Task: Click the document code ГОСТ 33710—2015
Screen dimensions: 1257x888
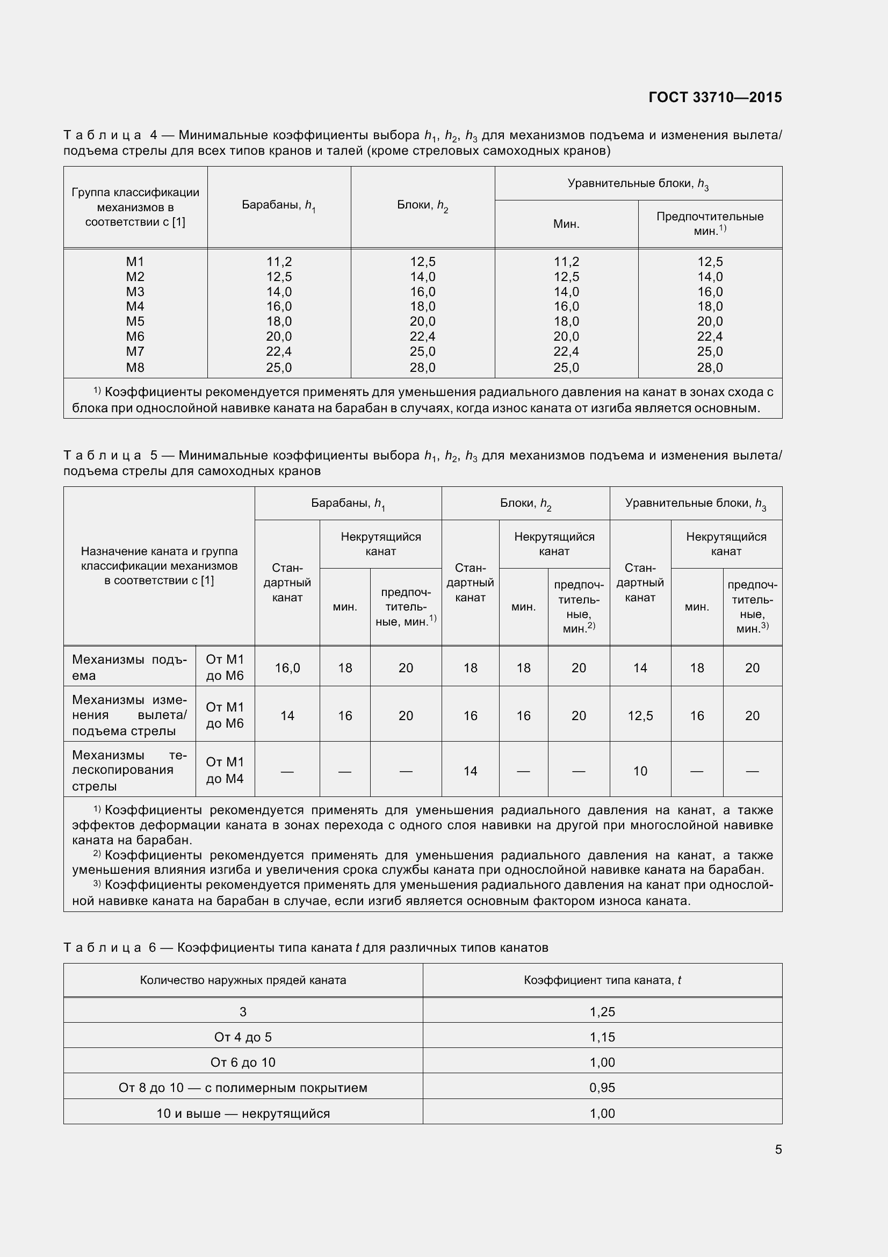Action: point(714,97)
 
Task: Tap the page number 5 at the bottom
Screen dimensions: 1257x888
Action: point(778,1149)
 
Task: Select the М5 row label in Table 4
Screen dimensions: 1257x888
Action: point(135,321)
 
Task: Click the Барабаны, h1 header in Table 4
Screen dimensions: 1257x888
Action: point(278,206)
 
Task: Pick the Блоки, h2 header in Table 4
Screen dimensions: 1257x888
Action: point(422,206)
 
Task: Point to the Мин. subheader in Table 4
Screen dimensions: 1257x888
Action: point(566,224)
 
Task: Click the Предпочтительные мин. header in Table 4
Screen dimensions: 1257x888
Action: point(710,224)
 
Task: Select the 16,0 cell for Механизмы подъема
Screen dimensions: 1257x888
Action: point(287,668)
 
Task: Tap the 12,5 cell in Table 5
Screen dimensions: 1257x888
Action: point(640,715)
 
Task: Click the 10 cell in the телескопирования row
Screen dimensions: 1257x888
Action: point(640,771)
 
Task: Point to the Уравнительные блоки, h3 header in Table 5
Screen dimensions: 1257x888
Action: point(695,504)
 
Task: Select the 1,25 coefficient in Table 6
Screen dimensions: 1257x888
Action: point(602,1012)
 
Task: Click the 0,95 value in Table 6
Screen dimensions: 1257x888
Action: point(602,1087)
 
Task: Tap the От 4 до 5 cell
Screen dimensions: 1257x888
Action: point(243,1037)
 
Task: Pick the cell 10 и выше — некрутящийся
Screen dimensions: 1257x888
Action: point(243,1113)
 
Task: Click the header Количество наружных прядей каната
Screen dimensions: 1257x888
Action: point(243,980)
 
